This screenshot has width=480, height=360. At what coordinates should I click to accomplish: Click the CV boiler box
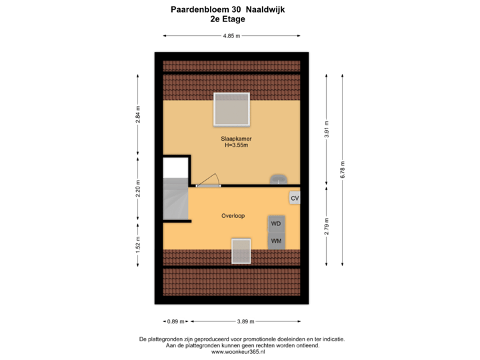coord(295,198)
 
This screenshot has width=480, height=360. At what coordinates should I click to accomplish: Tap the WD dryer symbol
coord(276,223)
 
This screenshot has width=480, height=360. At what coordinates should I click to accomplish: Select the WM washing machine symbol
coord(276,241)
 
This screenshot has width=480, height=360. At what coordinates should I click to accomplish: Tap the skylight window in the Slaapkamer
coord(231,109)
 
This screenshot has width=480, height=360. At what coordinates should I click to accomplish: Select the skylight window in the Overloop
coord(240,252)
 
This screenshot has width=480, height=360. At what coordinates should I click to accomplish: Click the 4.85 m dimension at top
coord(231,37)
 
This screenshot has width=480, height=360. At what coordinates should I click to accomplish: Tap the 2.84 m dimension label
coord(138,115)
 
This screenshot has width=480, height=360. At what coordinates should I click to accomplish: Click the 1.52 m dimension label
coord(138,245)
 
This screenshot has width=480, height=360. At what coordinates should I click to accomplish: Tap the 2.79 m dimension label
coord(326,225)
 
